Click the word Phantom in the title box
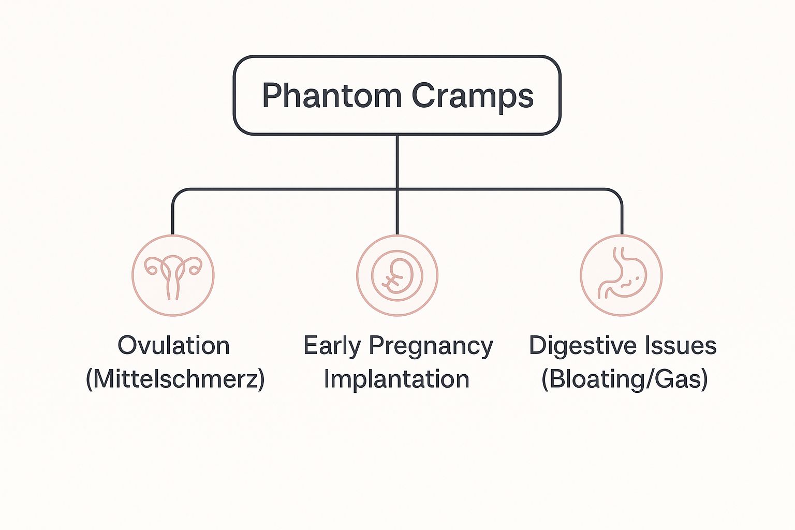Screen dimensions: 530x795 pyautogui.click(x=331, y=96)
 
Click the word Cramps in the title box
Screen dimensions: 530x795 pyautogui.click(x=472, y=96)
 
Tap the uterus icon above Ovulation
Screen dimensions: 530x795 pyautogui.click(x=172, y=275)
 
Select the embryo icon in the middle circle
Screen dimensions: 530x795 pyautogui.click(x=397, y=275)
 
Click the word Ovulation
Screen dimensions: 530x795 pyautogui.click(x=173, y=345)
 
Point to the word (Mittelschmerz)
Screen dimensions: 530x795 pyautogui.click(x=175, y=379)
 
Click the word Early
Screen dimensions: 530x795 pyautogui.click(x=332, y=346)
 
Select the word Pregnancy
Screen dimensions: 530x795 pyautogui.click(x=431, y=346)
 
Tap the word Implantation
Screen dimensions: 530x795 pyautogui.click(x=396, y=379)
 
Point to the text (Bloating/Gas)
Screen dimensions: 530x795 pyautogui.click(x=624, y=379)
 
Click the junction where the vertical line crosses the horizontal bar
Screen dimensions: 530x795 pyautogui.click(x=397, y=189)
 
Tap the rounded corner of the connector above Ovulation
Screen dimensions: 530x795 pyautogui.click(x=176, y=193)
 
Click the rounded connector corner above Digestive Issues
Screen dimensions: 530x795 pyautogui.click(x=618, y=193)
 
